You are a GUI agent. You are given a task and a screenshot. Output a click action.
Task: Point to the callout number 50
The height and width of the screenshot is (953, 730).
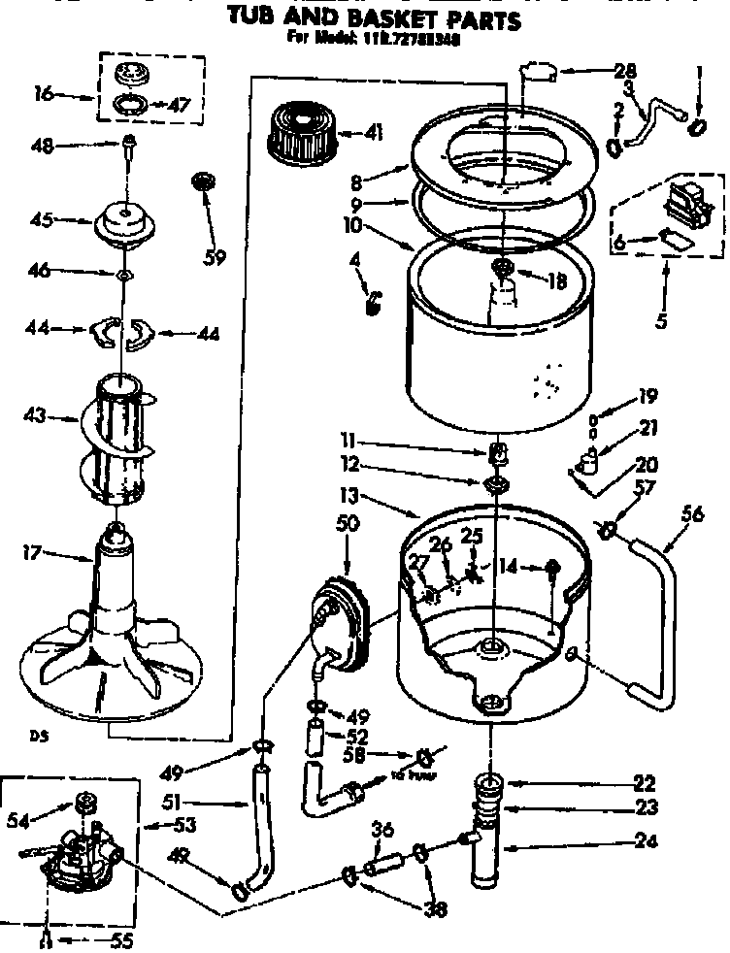(x=347, y=523)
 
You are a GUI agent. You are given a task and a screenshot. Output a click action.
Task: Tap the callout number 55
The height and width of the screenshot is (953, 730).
(x=121, y=939)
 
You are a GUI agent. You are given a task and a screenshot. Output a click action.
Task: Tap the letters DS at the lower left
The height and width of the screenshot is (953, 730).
(x=39, y=735)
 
